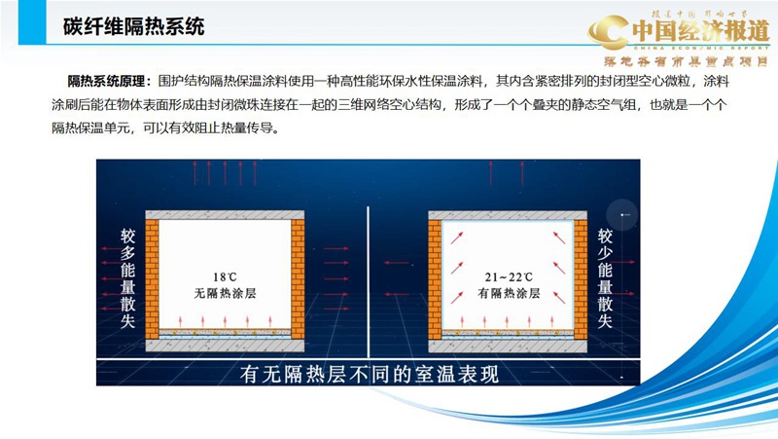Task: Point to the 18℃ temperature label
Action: point(225,274)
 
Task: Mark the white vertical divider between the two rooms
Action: point(367,282)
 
